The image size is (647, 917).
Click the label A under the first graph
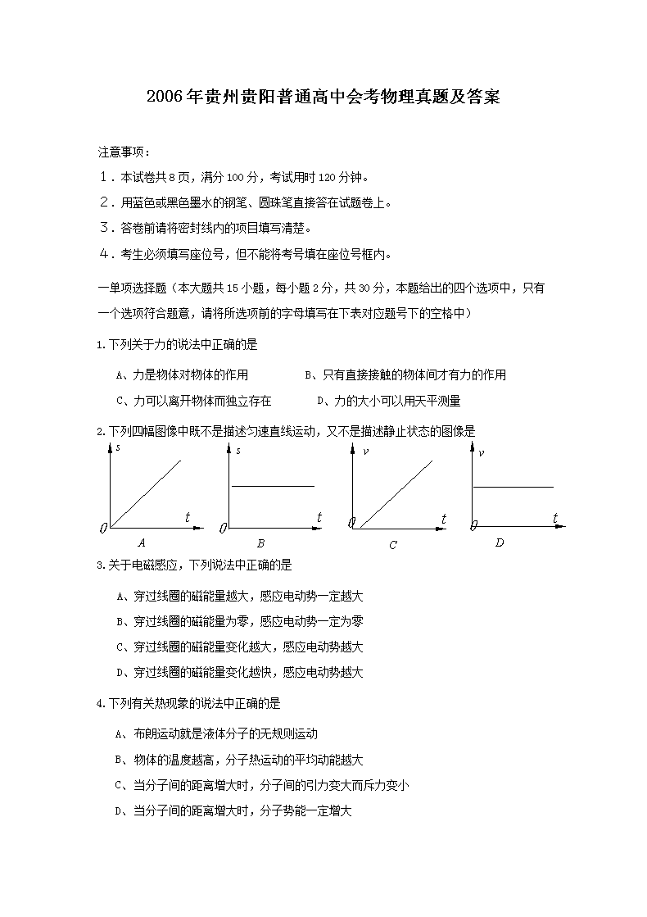click(x=142, y=542)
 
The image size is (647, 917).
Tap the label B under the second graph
click(x=260, y=542)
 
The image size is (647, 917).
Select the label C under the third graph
click(x=393, y=545)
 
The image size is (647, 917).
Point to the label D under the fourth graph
click(x=500, y=542)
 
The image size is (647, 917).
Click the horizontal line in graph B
click(x=273, y=486)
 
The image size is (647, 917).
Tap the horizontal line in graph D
click(x=514, y=487)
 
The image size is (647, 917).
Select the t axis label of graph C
click(x=443, y=519)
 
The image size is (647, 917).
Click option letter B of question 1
click(x=309, y=375)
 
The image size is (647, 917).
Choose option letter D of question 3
click(x=120, y=673)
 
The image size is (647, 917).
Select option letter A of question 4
click(x=120, y=734)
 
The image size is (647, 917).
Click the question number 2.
click(x=99, y=431)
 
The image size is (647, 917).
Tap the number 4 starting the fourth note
click(x=104, y=253)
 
